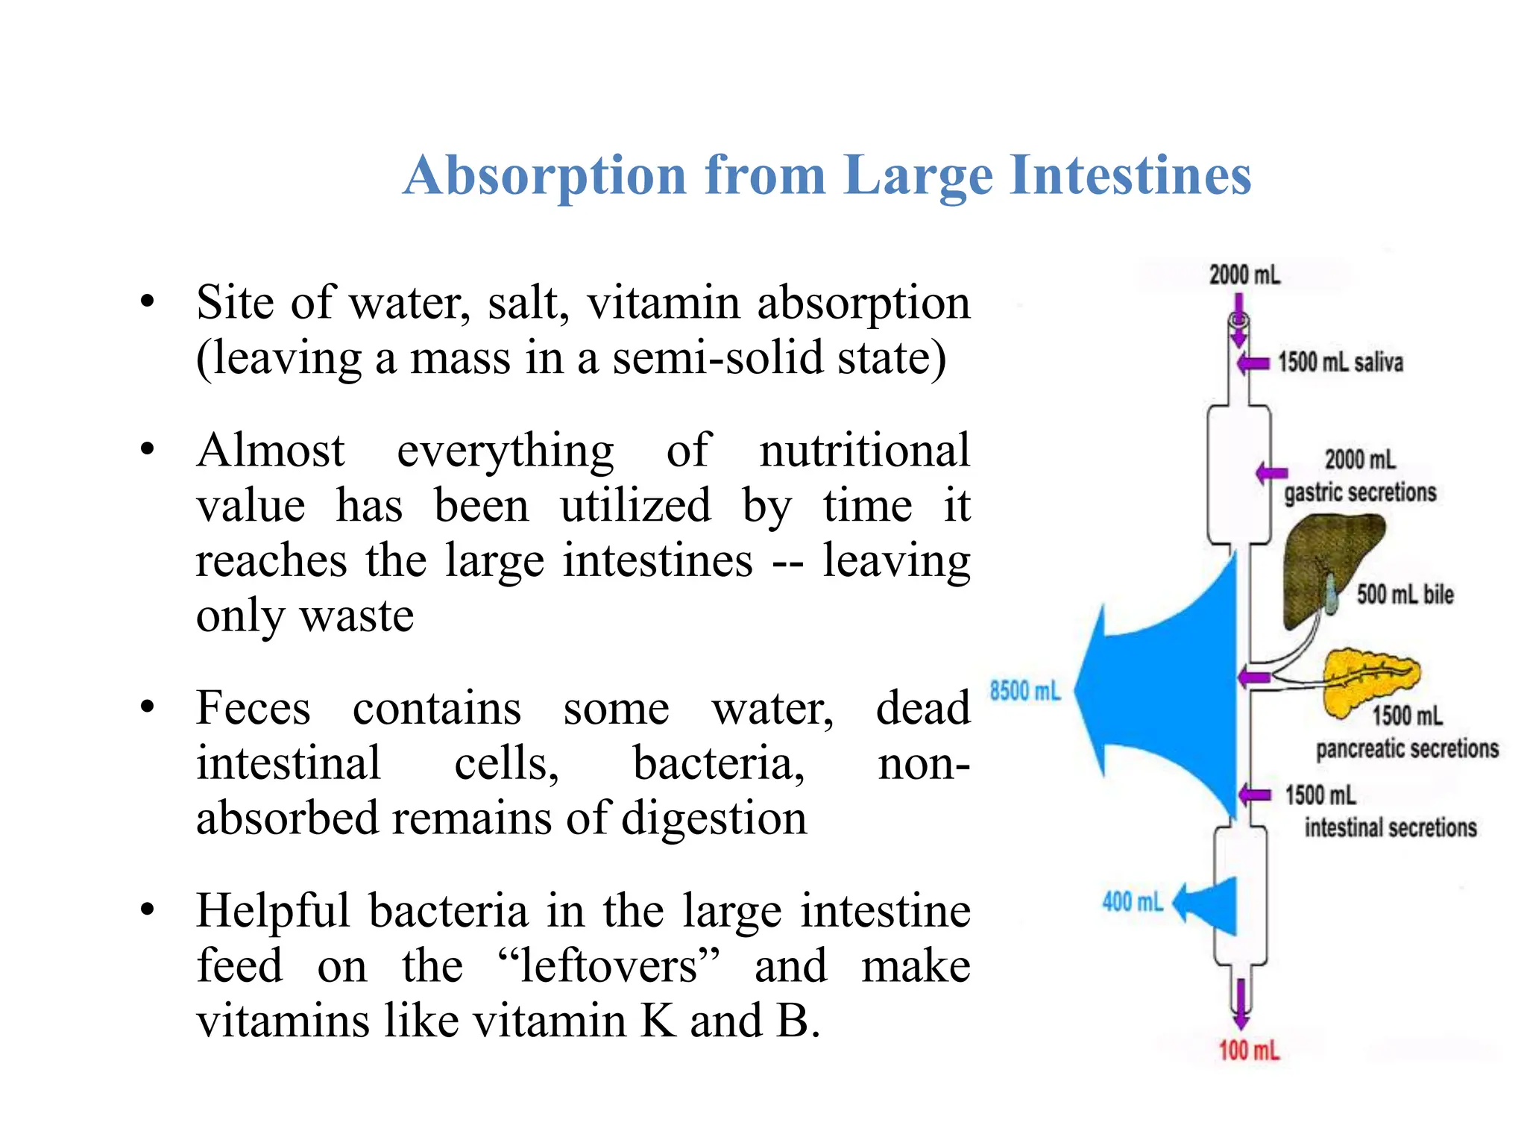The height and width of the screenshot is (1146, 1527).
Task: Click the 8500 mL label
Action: pos(1024,691)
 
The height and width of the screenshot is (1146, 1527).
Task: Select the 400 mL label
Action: pos(1132,902)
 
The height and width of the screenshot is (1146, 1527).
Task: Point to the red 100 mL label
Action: pos(1249,1050)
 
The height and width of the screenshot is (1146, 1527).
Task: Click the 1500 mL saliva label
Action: pos(1340,363)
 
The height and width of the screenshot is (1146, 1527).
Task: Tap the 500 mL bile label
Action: pos(1405,595)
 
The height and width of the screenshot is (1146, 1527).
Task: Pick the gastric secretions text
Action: pos(1360,492)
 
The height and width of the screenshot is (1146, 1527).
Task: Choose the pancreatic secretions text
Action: pos(1407,748)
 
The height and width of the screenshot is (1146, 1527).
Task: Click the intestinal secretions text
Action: pos(1391,827)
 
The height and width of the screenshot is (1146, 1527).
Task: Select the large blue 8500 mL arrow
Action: pos(1163,690)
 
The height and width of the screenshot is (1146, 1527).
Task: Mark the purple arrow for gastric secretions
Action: pos(1271,473)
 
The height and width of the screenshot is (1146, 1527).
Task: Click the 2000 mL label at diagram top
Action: pos(1244,275)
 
